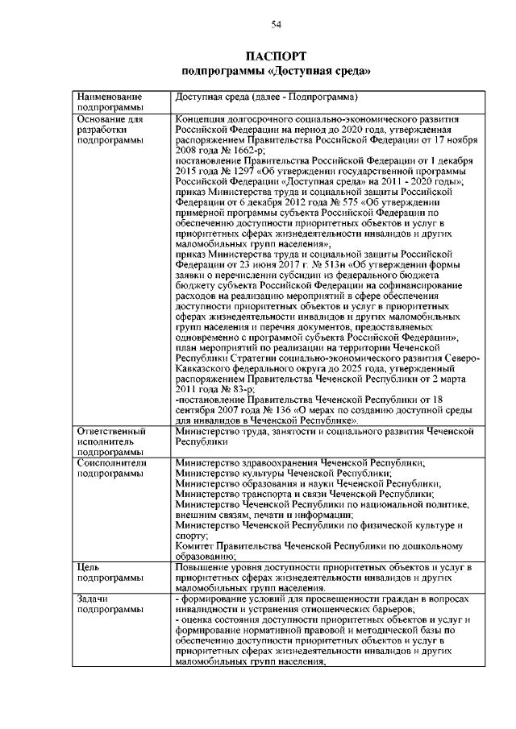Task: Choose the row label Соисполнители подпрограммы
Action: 110,468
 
